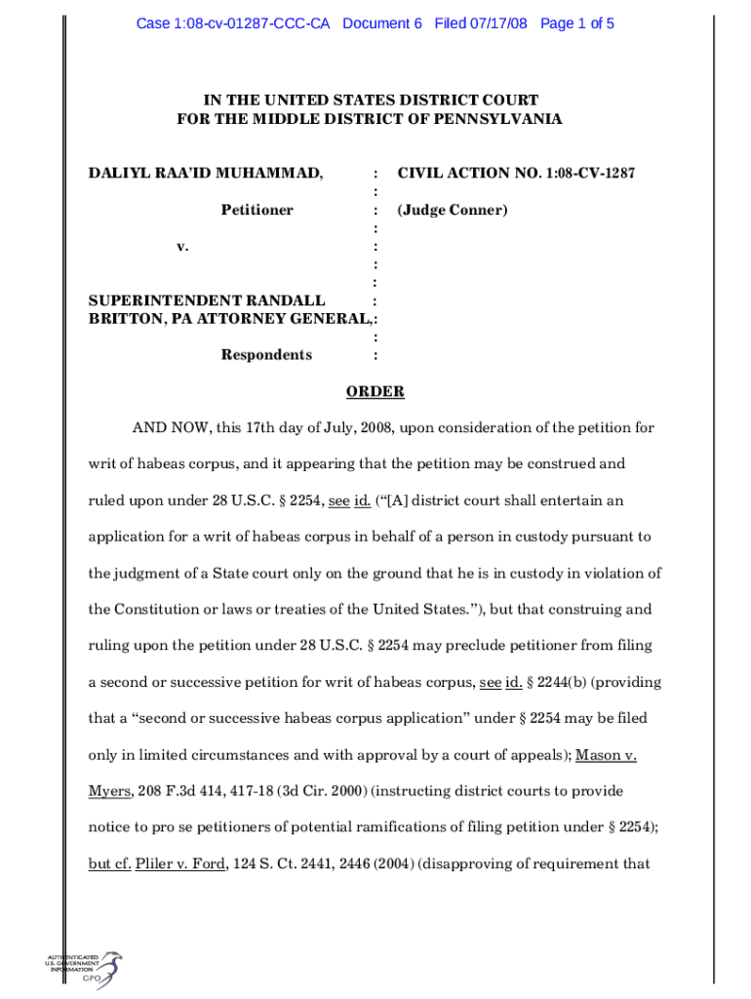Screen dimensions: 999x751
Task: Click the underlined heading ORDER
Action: click(375, 391)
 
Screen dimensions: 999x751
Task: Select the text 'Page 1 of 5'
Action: click(577, 23)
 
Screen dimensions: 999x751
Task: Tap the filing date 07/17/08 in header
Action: click(500, 23)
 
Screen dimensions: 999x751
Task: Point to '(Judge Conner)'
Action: click(453, 210)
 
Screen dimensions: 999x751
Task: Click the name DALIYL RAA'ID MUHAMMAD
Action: click(206, 173)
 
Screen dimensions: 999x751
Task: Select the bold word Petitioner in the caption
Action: click(257, 210)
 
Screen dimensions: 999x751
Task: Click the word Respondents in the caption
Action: click(266, 354)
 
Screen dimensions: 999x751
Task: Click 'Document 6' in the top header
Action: click(382, 23)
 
